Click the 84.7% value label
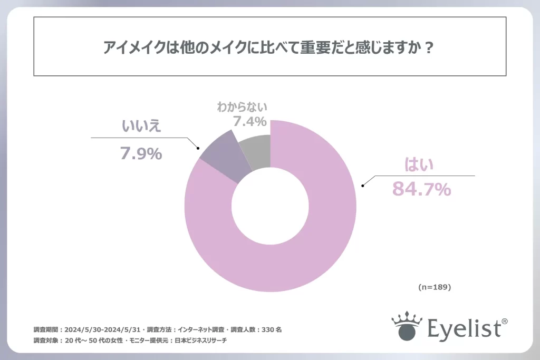point(421,188)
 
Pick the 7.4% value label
point(249,122)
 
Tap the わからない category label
point(242,107)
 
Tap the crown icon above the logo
point(407,319)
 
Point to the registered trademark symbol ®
point(504,321)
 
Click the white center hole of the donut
point(271,206)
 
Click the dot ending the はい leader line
point(362,186)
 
